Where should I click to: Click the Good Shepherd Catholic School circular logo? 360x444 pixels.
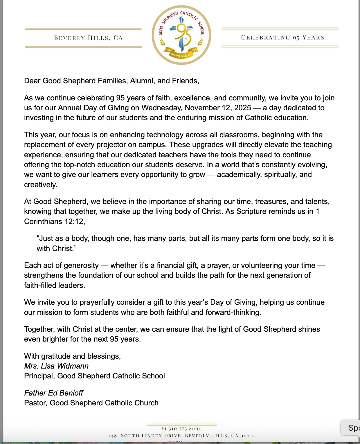click(181, 35)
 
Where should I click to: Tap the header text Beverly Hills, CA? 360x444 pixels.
click(89, 38)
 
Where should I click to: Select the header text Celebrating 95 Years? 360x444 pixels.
click(282, 37)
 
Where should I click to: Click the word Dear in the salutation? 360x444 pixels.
click(32, 81)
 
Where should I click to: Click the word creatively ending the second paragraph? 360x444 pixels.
click(40, 185)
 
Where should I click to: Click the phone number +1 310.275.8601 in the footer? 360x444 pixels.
click(181, 429)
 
